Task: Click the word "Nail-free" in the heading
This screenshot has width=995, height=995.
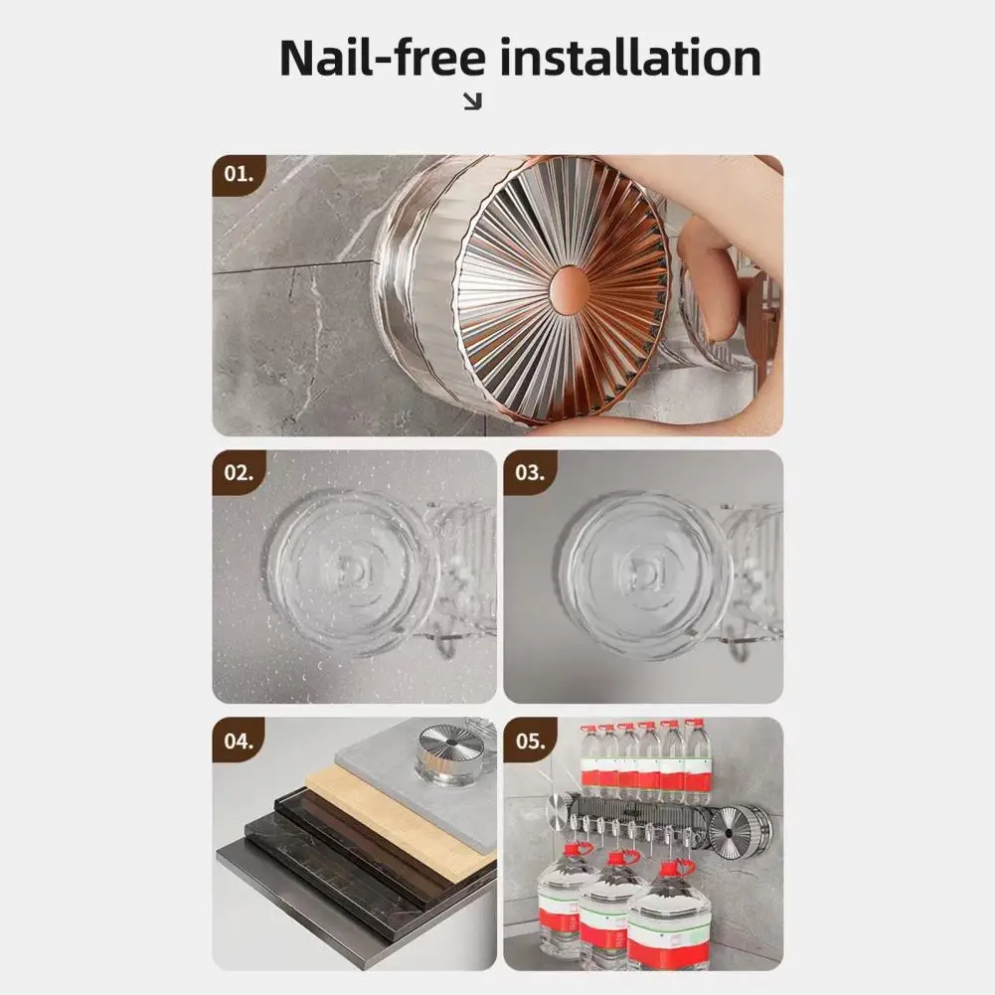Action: coord(382,58)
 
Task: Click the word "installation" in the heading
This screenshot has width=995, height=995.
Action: coord(631,58)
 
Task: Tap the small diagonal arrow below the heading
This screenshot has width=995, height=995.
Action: coord(473,101)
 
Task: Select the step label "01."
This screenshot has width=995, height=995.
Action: coord(239,175)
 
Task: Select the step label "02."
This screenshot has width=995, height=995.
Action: coord(239,473)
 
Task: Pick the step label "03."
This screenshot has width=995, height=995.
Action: coord(530,473)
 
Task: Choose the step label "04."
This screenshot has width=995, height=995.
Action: coord(239,741)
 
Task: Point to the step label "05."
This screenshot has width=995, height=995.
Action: coord(530,741)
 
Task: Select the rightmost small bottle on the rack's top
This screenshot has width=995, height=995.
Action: coord(698,758)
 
